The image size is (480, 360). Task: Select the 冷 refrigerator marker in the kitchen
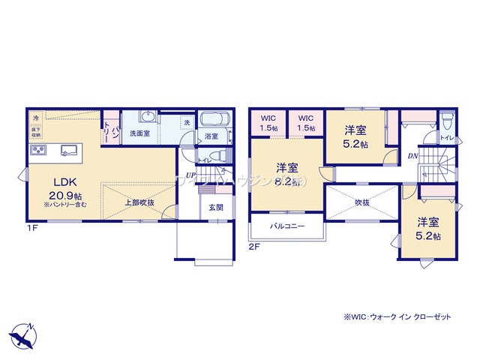coord(35,118)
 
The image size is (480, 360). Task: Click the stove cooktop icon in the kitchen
coord(39,151)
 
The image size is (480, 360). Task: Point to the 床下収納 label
coord(35,133)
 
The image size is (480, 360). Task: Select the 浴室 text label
coord(211,136)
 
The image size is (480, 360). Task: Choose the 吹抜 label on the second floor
coord(362,202)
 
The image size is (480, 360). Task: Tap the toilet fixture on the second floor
coord(447,122)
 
